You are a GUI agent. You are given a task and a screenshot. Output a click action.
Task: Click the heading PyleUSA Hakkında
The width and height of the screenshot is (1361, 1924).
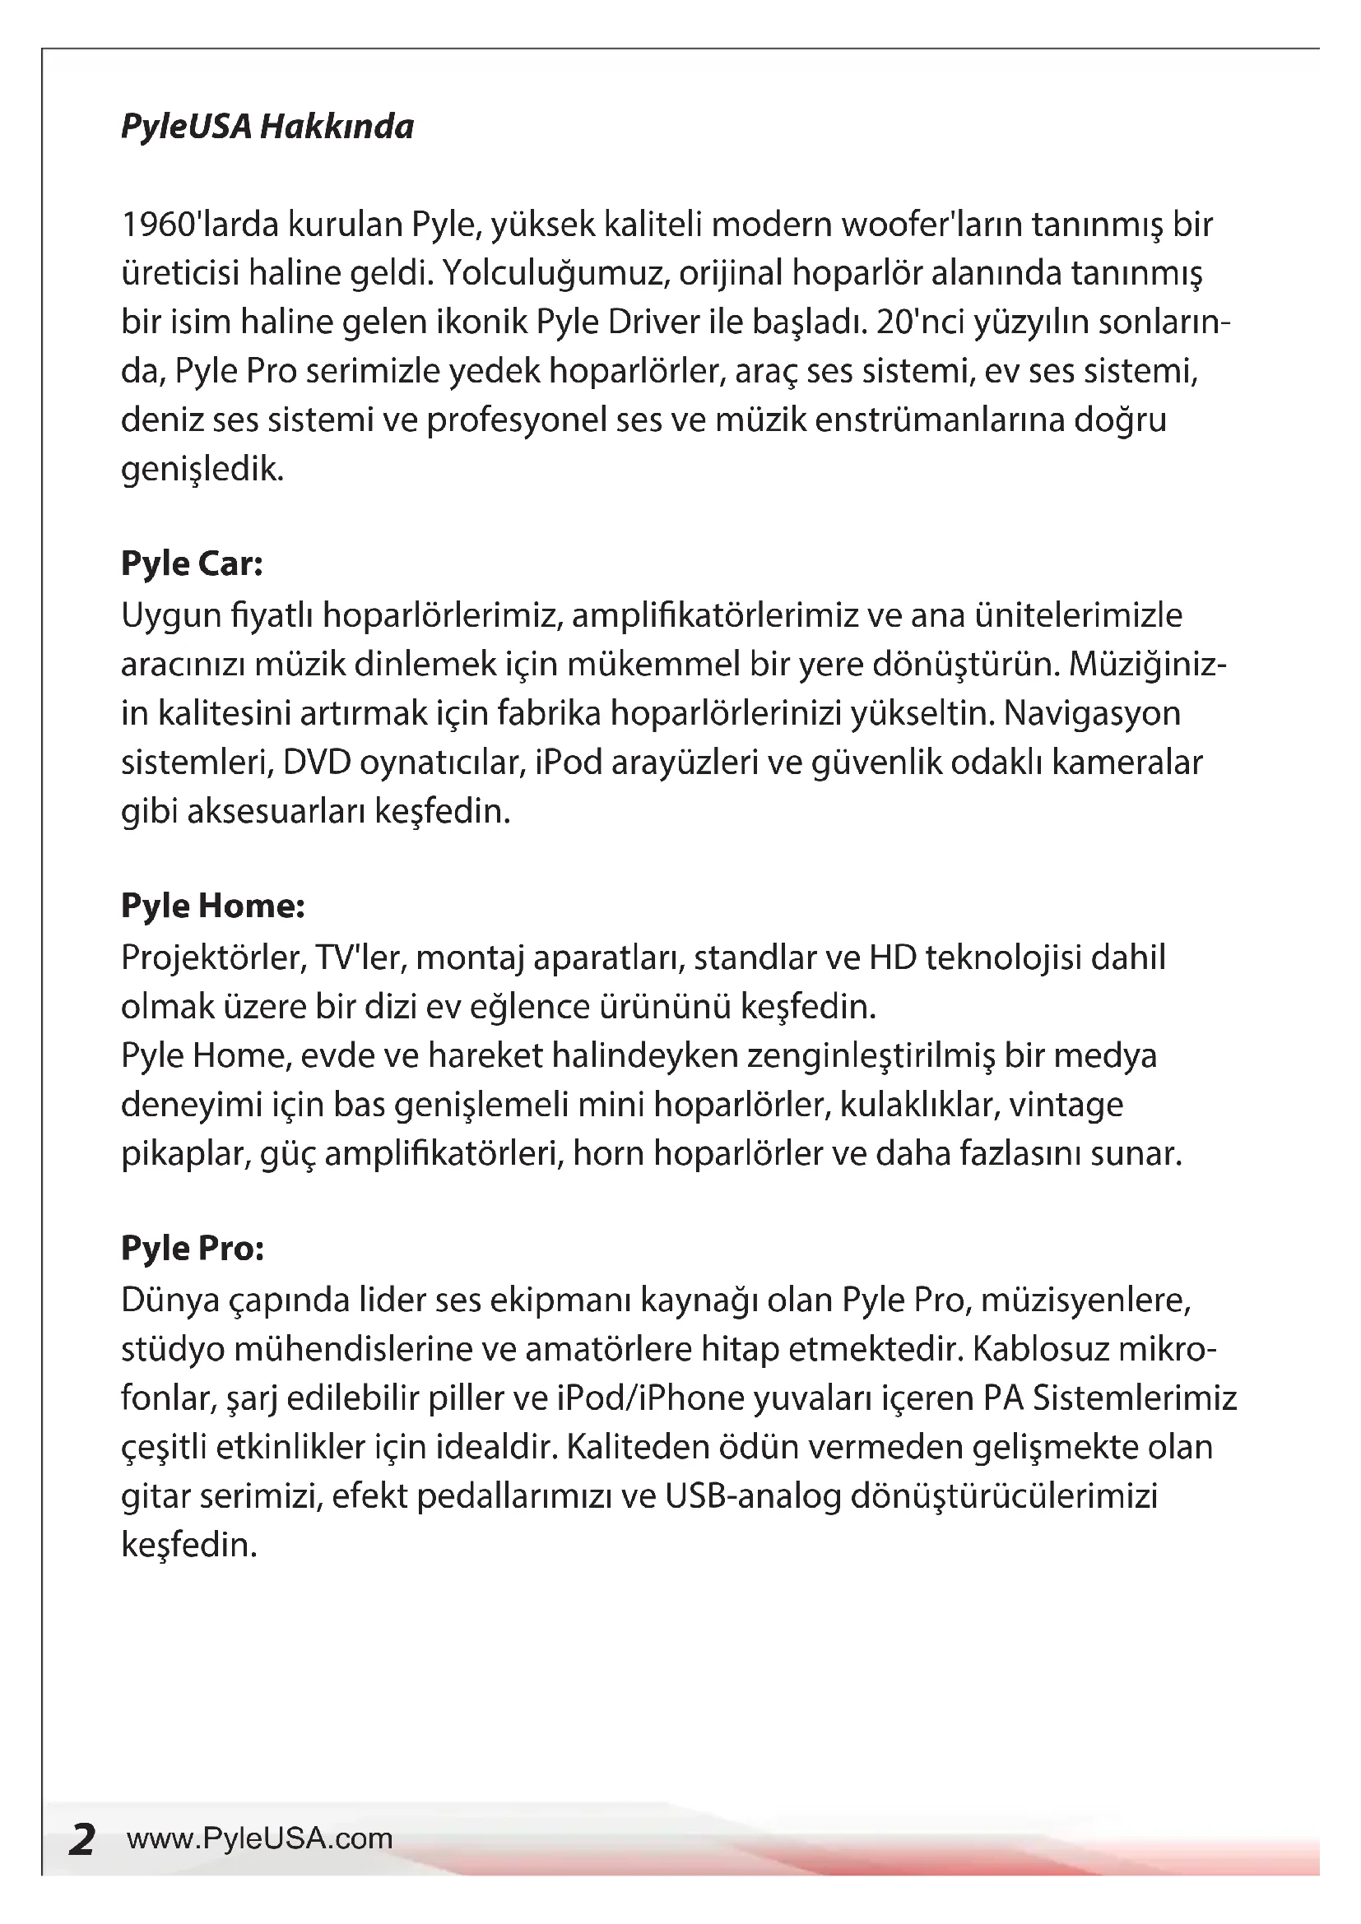point(267,127)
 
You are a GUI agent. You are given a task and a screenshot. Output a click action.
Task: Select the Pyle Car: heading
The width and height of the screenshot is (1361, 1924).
point(192,563)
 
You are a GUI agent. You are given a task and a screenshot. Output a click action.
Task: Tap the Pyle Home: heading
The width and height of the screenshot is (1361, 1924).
point(213,906)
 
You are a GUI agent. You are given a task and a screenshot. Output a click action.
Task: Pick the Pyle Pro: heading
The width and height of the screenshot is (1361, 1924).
point(193,1248)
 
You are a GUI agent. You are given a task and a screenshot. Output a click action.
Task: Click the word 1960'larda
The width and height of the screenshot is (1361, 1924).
point(200,225)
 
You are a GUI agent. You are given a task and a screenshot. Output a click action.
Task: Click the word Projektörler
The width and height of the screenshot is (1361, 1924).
point(213,957)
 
